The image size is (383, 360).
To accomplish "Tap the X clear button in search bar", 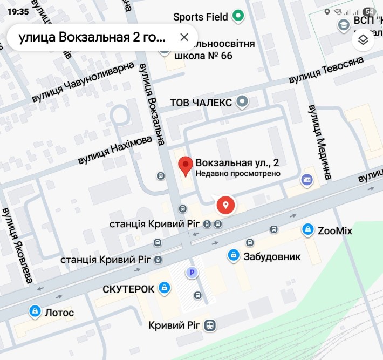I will point(184,37).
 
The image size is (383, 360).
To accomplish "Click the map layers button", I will point(363,39).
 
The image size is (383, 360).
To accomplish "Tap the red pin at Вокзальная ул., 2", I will point(186,166).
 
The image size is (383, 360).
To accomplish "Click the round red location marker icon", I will point(225,205).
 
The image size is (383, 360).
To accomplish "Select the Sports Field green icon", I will point(238,17).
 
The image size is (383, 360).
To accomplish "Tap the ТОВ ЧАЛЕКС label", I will point(201,103).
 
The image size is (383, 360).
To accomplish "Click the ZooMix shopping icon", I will point(307,230).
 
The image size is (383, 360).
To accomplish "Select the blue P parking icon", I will point(191,273).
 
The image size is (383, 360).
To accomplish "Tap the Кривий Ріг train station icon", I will point(210,325).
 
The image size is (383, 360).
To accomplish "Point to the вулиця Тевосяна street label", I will point(332,72).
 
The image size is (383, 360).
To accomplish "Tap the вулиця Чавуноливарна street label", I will point(83,81).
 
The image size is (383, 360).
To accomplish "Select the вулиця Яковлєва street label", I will point(17,244).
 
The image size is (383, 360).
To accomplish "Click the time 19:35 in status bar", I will point(18,11).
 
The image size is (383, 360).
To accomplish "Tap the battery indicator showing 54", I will point(370,12).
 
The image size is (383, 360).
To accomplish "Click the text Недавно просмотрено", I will point(238,174).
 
